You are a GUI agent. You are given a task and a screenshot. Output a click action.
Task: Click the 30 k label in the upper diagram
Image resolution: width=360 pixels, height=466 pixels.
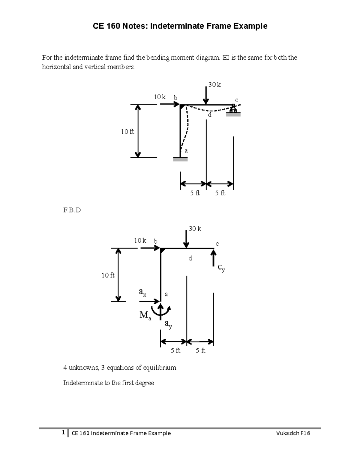click(214, 85)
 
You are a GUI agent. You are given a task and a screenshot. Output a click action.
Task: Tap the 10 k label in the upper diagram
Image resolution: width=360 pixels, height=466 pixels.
click(160, 97)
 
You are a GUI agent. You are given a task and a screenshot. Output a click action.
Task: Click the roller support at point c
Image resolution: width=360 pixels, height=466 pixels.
click(233, 110)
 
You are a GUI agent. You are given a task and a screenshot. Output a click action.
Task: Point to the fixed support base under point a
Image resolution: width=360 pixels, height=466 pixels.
click(180, 160)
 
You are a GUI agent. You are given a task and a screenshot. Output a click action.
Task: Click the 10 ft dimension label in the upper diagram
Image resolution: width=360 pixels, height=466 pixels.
click(127, 131)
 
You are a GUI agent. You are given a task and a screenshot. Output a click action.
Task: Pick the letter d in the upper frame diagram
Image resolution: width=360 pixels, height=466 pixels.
click(210, 115)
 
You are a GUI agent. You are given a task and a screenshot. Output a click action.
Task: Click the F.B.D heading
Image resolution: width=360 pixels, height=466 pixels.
click(72, 210)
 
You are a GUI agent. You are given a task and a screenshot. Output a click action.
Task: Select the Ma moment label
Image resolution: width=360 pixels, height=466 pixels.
click(145, 315)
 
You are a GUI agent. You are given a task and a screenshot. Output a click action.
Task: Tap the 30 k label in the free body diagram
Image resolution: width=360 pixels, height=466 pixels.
click(195, 229)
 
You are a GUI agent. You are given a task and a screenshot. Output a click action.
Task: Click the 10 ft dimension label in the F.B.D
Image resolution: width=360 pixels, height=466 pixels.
click(108, 275)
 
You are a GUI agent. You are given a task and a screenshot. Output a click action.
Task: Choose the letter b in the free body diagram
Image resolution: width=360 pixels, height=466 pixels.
click(156, 241)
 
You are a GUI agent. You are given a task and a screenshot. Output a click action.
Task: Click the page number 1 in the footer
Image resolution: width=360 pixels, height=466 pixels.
click(63, 433)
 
